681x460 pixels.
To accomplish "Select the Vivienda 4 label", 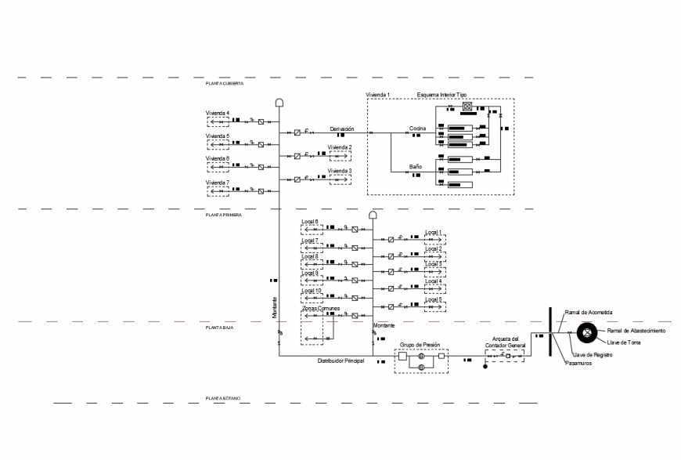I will [x=218, y=114].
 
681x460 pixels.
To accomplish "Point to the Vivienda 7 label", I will [x=218, y=182].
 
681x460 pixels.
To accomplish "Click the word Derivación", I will [x=342, y=129].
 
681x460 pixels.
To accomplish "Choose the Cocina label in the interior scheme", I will [x=417, y=129].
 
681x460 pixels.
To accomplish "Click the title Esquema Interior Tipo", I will [x=441, y=94].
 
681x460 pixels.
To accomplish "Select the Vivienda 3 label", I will [x=340, y=170].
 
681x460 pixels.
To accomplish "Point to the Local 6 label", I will [x=310, y=222].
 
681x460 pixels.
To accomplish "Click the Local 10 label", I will [x=312, y=291].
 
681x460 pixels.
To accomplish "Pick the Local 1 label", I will [x=434, y=233].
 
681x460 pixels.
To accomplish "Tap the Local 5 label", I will [x=434, y=299].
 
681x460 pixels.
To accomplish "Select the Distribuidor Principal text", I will [x=340, y=361].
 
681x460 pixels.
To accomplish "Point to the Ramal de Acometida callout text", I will [x=588, y=312].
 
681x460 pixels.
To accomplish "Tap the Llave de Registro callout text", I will [x=593, y=354].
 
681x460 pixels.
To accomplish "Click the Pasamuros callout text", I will [x=579, y=363].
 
